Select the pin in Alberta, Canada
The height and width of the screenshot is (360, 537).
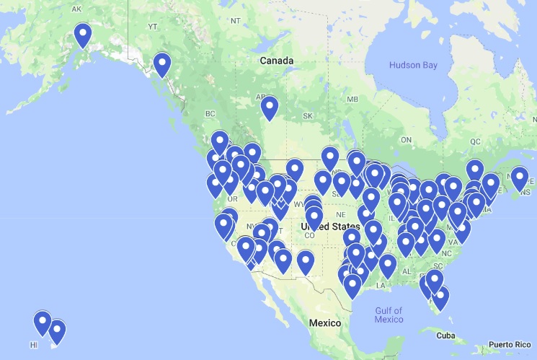pyautogui.click(x=269, y=108)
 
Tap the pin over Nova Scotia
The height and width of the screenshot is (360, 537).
pyautogui.click(x=519, y=177)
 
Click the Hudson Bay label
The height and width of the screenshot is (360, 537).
pyautogui.click(x=413, y=66)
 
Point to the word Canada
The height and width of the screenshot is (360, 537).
pyautogui.click(x=277, y=61)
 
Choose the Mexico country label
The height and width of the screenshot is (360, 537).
pyautogui.click(x=324, y=322)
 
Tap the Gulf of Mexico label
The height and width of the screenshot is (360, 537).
pyautogui.click(x=389, y=315)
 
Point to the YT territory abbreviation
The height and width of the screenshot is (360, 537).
pyautogui.click(x=152, y=27)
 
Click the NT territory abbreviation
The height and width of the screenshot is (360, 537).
pyautogui.click(x=235, y=21)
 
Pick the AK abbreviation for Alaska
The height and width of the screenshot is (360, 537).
pyautogui.click(x=77, y=9)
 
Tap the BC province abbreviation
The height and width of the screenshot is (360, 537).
pyautogui.click(x=210, y=114)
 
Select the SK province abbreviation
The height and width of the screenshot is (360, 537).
pyautogui.click(x=308, y=116)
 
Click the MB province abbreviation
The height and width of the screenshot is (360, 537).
pyautogui.click(x=352, y=99)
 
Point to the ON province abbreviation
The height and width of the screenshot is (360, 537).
pyautogui.click(x=407, y=139)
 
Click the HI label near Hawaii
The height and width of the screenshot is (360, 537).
pyautogui.click(x=33, y=346)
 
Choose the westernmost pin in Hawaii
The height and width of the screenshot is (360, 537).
pyautogui.click(x=43, y=321)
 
